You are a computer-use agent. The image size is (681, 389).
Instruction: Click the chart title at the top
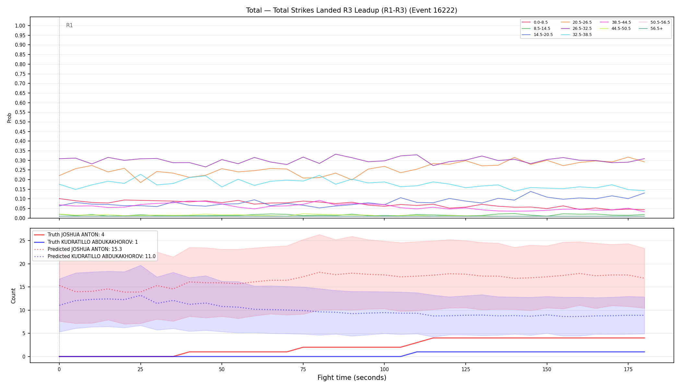pos(352,10)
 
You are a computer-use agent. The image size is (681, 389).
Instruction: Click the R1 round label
pos(69,25)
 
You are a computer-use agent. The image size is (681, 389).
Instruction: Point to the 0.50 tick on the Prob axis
pos(20,122)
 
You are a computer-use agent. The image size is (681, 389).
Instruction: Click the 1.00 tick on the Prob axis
pos(20,26)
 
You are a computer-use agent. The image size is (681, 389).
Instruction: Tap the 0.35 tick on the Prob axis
pos(20,151)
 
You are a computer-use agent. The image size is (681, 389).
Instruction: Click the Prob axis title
pos(9,118)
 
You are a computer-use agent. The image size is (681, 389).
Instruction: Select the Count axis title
pos(13,296)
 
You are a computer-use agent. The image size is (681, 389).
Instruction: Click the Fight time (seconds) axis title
pos(352,378)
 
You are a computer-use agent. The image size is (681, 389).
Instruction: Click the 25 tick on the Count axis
pos(22,241)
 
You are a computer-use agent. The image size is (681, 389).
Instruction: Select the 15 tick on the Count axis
pos(22,287)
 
